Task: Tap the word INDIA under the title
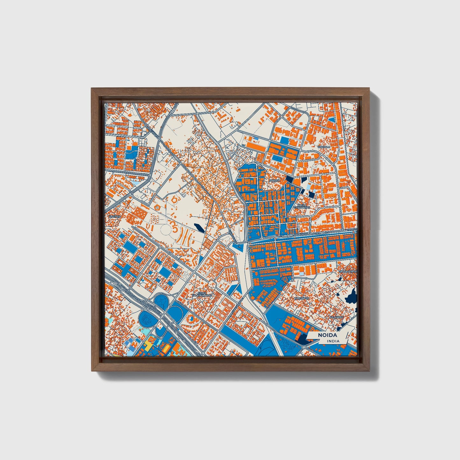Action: coord(333,341)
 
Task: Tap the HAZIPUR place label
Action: coord(115,216)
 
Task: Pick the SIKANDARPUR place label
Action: coord(348,272)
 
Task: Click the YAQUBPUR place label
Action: coord(301,298)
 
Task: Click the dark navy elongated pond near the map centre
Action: coord(198,228)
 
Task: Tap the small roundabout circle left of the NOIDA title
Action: coord(304,347)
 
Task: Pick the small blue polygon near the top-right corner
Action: coord(331,120)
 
